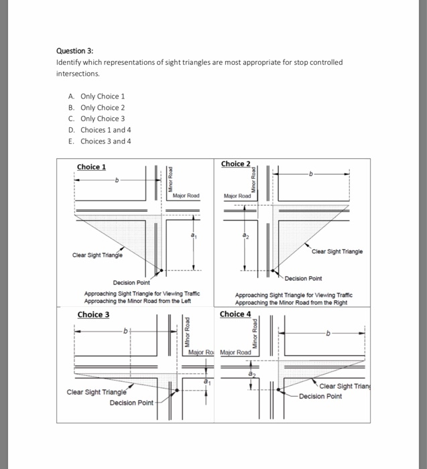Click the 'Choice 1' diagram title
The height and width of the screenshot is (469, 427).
(x=91, y=167)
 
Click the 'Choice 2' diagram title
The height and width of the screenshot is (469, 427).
(x=235, y=164)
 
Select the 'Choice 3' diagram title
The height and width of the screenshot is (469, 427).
(x=93, y=314)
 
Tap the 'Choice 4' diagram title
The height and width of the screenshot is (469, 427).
(x=235, y=314)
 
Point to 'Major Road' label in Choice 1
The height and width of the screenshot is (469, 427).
(x=186, y=196)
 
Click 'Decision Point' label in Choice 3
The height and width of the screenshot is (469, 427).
(x=131, y=403)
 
